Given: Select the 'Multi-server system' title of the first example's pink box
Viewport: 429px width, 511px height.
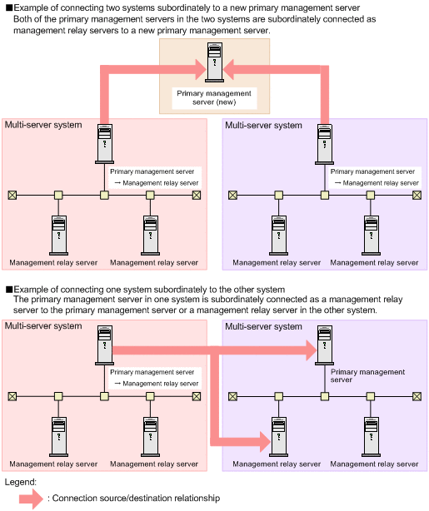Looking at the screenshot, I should (x=43, y=125).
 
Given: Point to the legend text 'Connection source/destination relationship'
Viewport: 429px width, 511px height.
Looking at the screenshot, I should (x=133, y=498).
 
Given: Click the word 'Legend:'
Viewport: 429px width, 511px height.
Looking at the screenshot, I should (x=21, y=481).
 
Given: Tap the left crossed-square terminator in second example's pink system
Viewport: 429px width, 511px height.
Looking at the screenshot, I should (x=12, y=396).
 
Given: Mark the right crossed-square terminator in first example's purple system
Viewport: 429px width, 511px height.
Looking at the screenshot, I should (x=417, y=196).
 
